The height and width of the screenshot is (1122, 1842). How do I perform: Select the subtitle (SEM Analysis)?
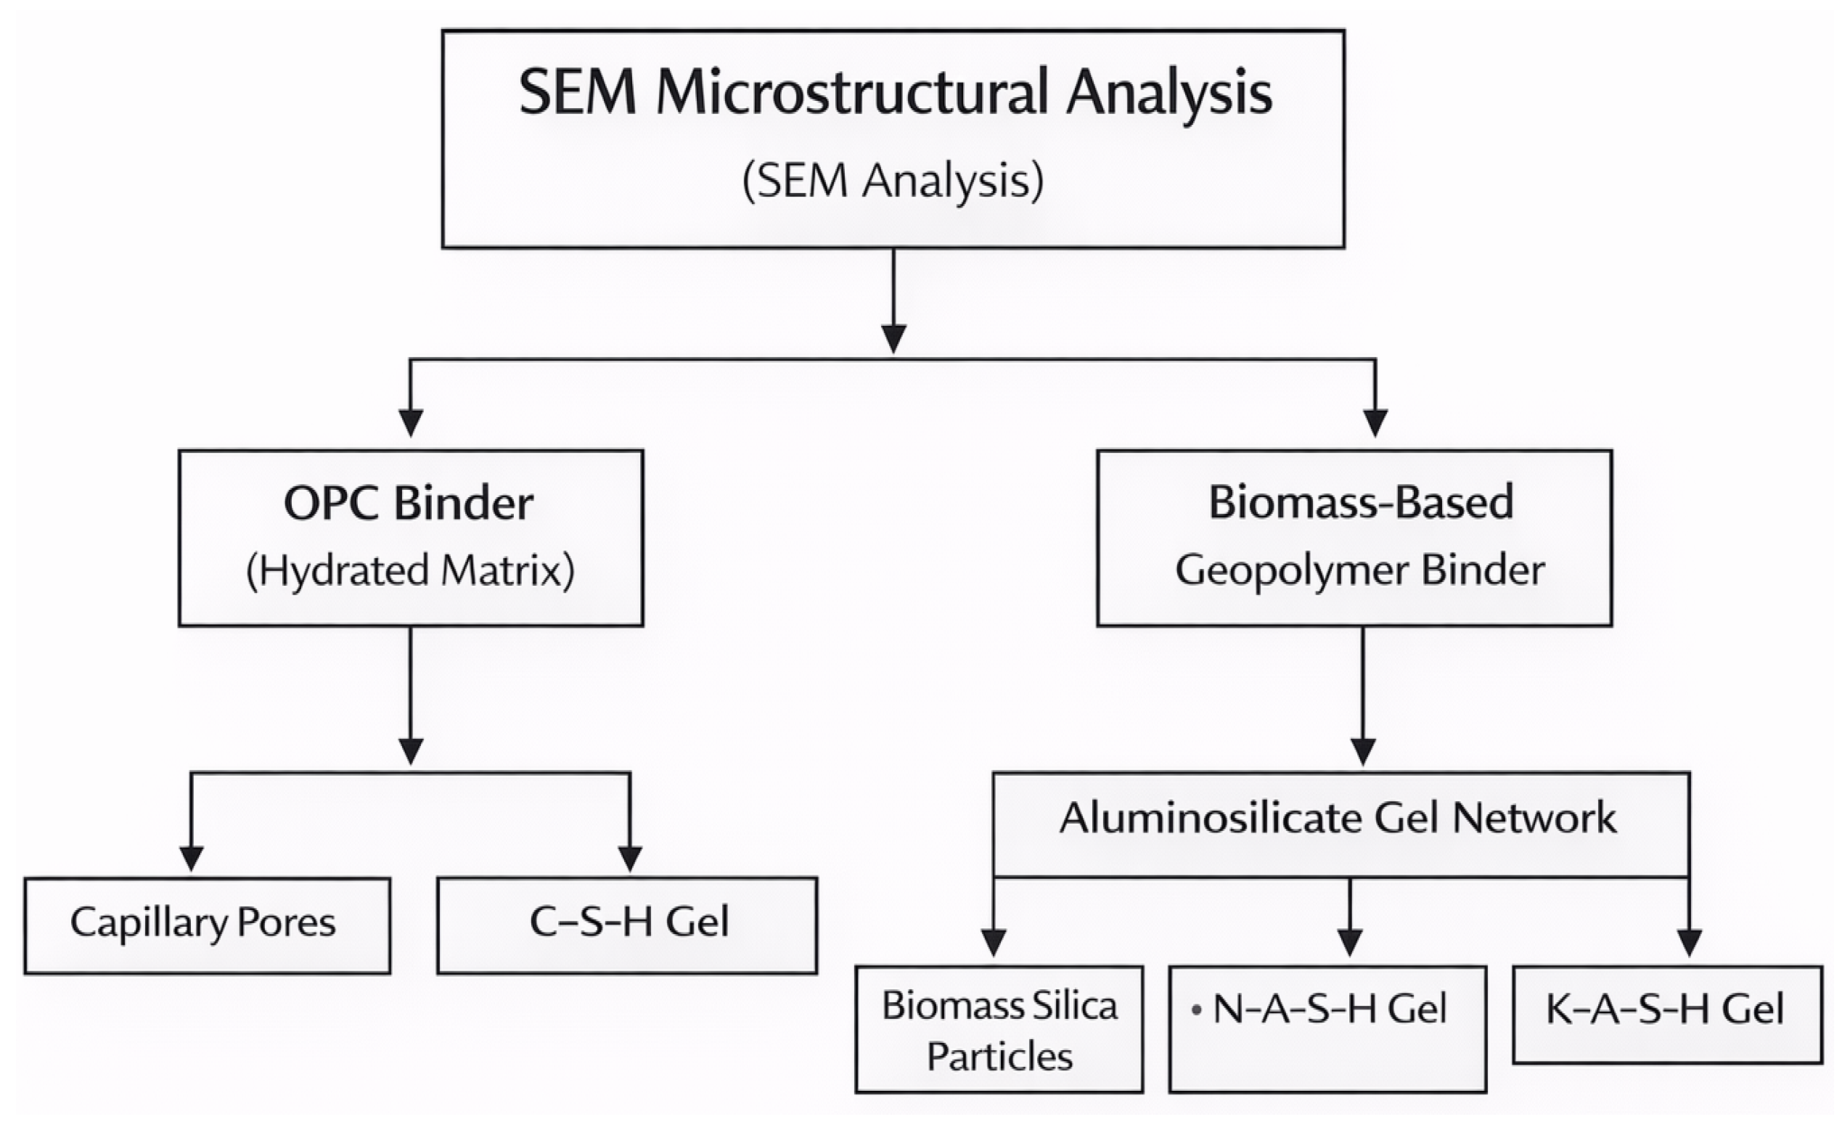893,181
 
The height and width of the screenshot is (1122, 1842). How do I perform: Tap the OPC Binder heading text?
409,503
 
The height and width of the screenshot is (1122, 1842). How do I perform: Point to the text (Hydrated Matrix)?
410,571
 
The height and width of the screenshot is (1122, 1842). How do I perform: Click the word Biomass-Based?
1362,501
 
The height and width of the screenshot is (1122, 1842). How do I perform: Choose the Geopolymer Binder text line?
1360,570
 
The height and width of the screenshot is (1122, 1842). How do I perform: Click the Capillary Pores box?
207,925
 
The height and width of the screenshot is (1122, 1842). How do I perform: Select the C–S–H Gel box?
627,925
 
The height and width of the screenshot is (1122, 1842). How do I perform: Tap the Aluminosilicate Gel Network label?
1338,818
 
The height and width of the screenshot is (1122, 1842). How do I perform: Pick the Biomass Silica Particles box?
999,1029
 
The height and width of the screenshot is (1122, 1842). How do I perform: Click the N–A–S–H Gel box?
1327,1029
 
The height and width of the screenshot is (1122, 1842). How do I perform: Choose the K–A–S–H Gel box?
1668,1015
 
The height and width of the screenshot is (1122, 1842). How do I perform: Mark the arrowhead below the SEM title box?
893,339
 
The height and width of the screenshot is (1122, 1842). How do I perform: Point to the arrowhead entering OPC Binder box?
410,423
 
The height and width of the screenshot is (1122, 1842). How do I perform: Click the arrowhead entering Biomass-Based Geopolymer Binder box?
1375,423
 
